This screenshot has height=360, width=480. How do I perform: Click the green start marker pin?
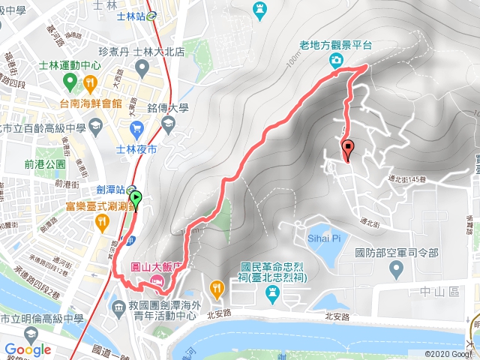coord(136,199)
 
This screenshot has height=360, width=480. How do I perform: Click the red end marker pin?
coord(347,148)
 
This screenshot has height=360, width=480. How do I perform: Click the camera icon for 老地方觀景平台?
coord(339,59)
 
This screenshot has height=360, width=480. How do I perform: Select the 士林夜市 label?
coord(137,150)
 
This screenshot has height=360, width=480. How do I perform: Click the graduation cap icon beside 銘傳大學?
coord(169,121)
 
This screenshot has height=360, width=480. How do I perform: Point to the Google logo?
coord(28,349)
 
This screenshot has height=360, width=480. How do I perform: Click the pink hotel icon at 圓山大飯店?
coord(156,280)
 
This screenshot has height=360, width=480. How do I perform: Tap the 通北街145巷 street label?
coord(409,178)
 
